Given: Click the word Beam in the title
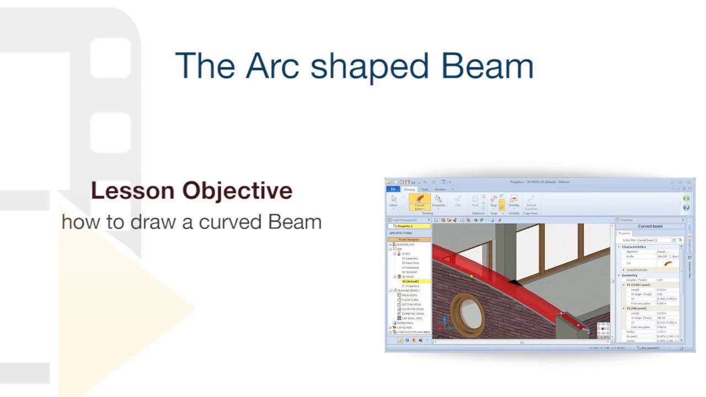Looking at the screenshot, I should click(x=486, y=66).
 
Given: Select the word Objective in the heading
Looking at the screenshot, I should click(x=237, y=191).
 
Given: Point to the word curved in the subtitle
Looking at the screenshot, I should click(x=229, y=222).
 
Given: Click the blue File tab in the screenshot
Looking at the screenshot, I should click(x=393, y=189).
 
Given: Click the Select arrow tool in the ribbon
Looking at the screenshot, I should click(x=393, y=201).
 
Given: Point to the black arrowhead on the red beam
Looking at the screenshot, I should click(x=514, y=283).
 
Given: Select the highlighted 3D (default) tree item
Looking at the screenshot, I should click(x=410, y=281).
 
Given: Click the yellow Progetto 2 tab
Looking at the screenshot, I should click(x=409, y=226).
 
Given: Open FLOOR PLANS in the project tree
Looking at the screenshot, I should click(x=410, y=300).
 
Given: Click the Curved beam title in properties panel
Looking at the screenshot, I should click(x=650, y=226).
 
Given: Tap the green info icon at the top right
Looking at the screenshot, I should click(x=686, y=198).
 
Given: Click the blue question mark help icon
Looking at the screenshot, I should click(x=686, y=207).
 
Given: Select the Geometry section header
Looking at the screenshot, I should click(x=629, y=275).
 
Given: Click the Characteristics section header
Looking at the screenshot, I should click(x=634, y=246).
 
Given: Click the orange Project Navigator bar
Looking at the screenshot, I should click(x=409, y=239).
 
